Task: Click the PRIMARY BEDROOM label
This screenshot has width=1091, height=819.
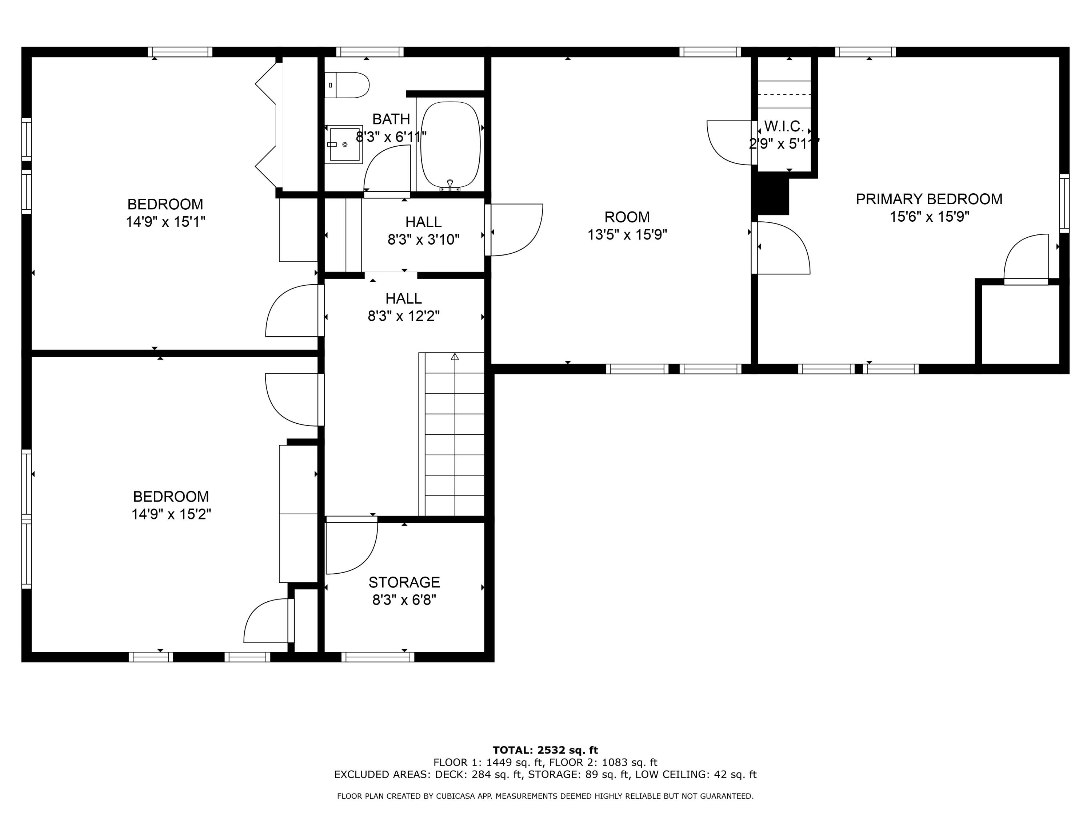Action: point(929,199)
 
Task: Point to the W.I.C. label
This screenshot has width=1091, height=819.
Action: point(784,126)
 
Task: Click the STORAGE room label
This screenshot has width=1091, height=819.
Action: point(404,582)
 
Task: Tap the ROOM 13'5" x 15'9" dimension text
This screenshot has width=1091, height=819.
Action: point(627,234)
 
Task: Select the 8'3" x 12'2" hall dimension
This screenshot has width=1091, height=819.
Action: point(403,316)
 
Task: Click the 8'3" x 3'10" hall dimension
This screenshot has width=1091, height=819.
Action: point(423,240)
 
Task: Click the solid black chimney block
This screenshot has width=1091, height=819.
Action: point(772,196)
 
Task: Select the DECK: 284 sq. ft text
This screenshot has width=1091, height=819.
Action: point(479,774)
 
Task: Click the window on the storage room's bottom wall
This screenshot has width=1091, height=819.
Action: point(378,657)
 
